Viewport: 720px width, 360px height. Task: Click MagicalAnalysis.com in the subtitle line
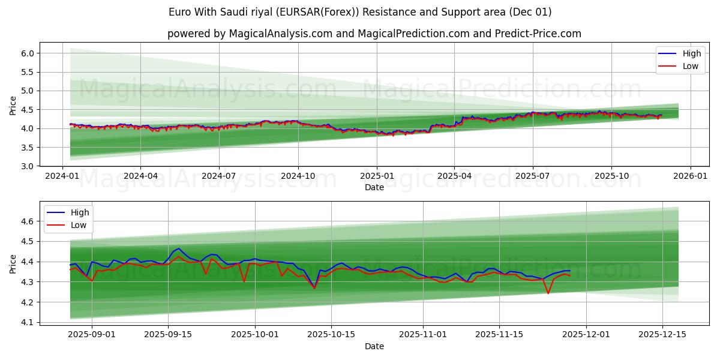tap(281, 34)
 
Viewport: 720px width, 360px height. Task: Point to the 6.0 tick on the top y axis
tap(27, 53)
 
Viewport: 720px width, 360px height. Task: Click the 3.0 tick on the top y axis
tap(27, 166)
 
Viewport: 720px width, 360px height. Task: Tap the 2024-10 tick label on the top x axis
tap(298, 176)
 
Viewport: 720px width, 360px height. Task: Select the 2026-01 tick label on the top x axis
tap(690, 176)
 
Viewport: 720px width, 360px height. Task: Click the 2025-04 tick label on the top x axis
tap(454, 176)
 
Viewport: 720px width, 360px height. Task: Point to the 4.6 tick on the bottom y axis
tap(27, 221)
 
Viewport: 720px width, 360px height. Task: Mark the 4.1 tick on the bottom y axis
tap(27, 322)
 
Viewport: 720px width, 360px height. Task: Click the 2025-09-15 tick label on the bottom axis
tap(168, 334)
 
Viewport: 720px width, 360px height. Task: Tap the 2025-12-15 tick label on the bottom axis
tap(662, 334)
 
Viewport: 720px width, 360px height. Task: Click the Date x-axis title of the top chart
tap(374, 187)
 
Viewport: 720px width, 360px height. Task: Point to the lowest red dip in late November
tap(548, 293)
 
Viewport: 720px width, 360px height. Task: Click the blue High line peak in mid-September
tap(179, 248)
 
